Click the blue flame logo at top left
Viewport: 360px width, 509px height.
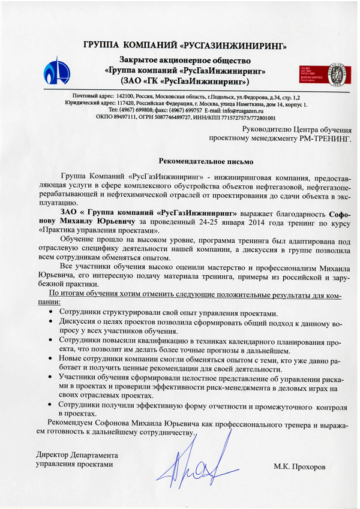coord(58,70)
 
